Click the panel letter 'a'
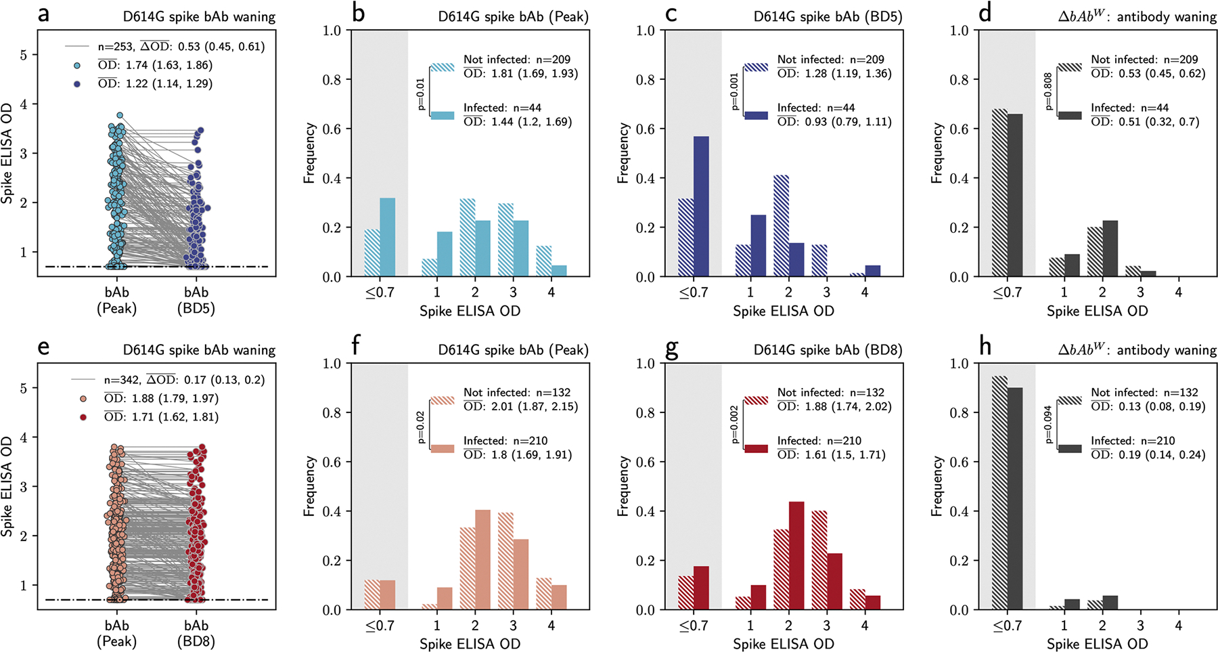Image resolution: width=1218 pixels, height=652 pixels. pos(43,14)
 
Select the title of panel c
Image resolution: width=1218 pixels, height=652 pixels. pos(828,16)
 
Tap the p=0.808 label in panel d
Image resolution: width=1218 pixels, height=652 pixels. pos(1048,91)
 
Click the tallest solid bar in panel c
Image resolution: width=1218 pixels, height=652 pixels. pos(701,207)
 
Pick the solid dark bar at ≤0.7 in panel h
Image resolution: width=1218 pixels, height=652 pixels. pos(1015,498)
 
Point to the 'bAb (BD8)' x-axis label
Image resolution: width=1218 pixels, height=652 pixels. pos(196,633)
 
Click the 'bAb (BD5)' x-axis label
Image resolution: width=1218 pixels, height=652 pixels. pos(196,300)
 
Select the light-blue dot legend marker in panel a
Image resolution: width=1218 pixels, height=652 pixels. pos(76,66)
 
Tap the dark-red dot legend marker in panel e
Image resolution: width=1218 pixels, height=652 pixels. pos(83,417)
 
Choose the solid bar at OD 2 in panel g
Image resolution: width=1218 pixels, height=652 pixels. pos(796,555)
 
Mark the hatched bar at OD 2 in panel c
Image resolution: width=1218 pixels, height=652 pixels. pos(781,225)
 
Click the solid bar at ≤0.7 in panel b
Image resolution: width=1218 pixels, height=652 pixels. pos(387,237)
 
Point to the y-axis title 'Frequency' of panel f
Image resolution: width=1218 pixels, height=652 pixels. pos(309,486)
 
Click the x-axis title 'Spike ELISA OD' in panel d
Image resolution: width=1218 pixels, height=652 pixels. pos(1097,311)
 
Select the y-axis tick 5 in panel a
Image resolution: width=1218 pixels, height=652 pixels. pos(24,55)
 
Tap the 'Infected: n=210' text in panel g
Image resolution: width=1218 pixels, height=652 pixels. pos(819,441)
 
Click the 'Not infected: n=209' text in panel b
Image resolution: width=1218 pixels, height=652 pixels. pos(517,60)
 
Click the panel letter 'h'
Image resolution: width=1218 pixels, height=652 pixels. pos(985,347)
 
